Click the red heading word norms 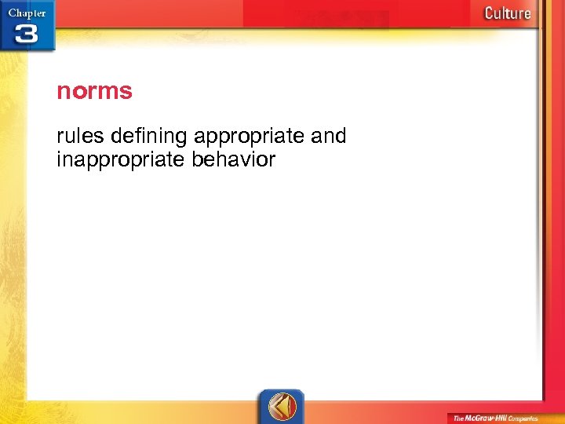(x=94, y=92)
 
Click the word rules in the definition (x=81, y=137)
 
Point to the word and (x=328, y=137)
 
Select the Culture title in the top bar (x=507, y=13)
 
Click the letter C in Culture (x=490, y=13)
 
